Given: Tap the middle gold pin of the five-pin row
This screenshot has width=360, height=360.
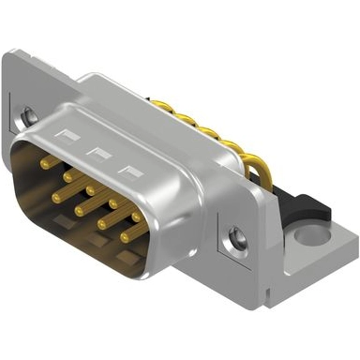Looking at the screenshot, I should point(91,188).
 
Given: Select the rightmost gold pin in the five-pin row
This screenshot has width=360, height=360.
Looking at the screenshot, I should point(137,217).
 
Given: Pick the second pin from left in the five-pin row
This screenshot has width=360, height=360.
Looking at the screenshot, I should point(68,175).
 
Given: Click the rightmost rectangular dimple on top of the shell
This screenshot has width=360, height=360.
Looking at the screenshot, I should point(127,169).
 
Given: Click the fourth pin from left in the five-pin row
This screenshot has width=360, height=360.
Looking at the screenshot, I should point(114,202).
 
